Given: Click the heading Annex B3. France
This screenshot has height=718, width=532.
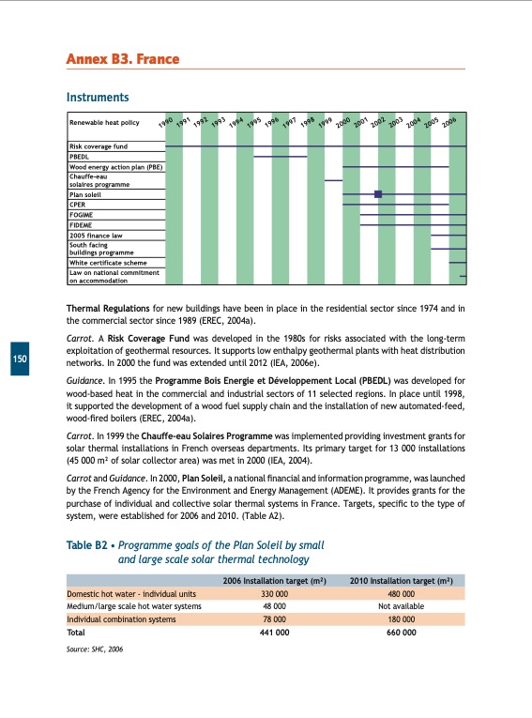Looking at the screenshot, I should (122, 60).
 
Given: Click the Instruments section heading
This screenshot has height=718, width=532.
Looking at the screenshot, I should (97, 98).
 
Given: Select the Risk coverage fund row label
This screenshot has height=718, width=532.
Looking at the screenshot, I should (99, 147).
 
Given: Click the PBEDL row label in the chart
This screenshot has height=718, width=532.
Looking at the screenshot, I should (81, 157).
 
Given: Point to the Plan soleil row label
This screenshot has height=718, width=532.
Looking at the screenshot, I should (87, 193).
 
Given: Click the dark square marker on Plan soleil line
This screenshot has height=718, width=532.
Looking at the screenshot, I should (378, 194).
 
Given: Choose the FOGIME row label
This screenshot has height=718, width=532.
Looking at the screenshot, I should (83, 214).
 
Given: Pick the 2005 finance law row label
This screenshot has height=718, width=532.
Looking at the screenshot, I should (96, 235).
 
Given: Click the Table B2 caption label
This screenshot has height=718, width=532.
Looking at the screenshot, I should (84, 545).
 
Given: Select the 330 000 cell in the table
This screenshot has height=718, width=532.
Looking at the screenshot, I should (273, 593).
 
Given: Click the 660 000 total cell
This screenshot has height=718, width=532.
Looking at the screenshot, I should (401, 632).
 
